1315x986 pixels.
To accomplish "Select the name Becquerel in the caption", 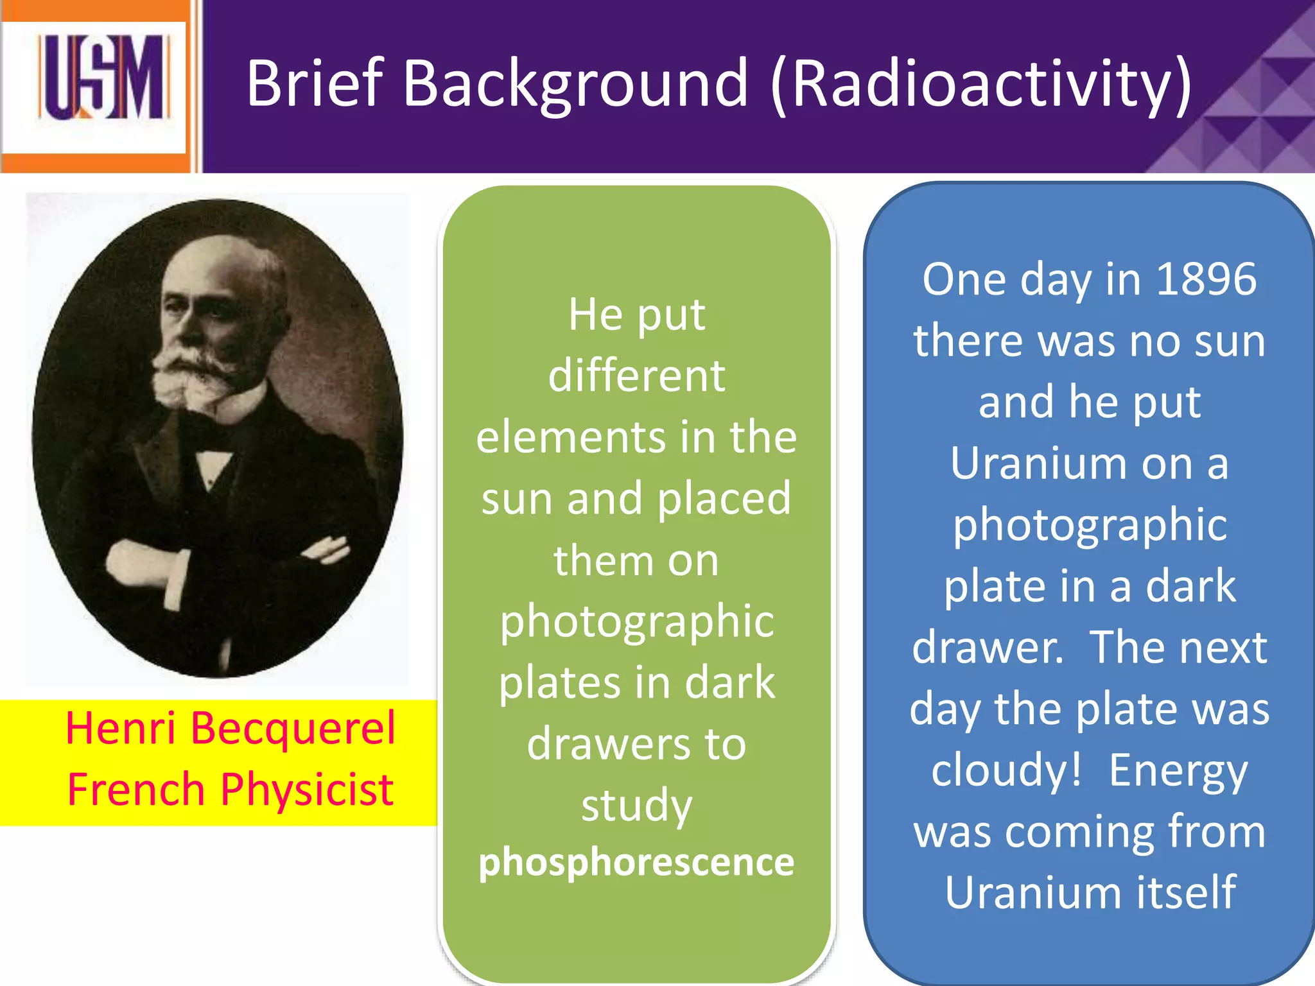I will coord(293,729).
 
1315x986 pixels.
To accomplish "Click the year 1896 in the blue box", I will coord(1205,279).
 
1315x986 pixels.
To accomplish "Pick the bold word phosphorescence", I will coord(636,862).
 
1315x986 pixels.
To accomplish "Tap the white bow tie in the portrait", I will coord(214,457).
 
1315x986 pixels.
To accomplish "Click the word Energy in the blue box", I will coord(1178,770).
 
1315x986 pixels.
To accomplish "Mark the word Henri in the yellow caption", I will coord(121,729).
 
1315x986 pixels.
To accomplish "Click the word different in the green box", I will coord(636,376).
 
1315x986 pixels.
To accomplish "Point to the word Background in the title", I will coord(575,83).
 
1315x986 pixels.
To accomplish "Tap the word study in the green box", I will coord(636,806).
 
